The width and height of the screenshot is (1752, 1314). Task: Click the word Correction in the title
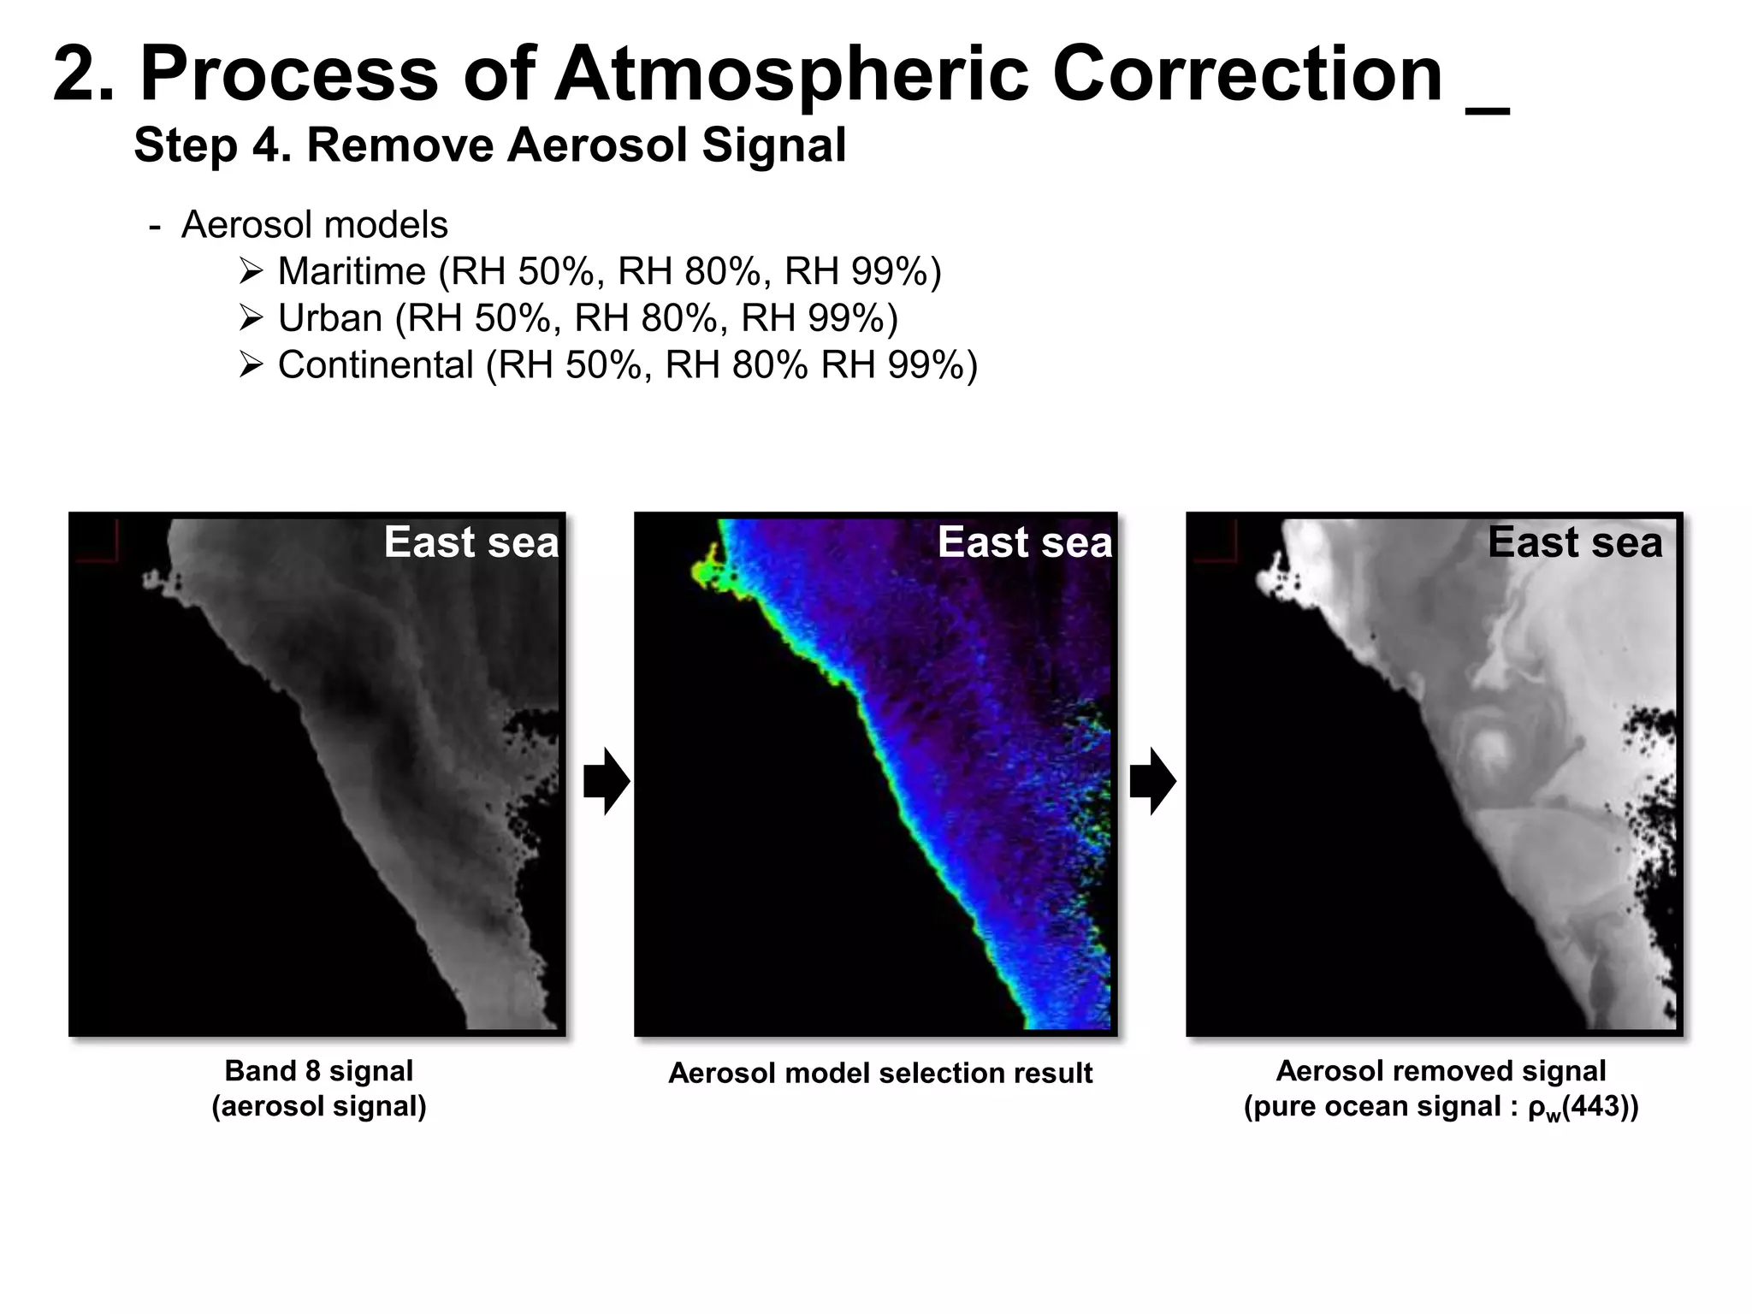[x=1247, y=75]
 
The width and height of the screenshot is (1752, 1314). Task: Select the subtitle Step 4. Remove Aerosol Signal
[x=489, y=145]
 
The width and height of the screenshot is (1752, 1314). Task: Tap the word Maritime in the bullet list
[x=352, y=272]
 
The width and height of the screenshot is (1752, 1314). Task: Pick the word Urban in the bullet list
[x=329, y=318]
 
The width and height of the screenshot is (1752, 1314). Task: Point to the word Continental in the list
[x=375, y=365]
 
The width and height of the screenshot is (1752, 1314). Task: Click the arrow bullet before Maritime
[x=252, y=272]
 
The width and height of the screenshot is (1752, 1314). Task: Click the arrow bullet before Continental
[x=252, y=366]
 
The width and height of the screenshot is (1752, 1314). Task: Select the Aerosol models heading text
[x=314, y=225]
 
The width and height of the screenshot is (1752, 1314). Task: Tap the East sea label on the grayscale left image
[x=471, y=542]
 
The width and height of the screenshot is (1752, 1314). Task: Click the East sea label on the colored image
[x=1024, y=542]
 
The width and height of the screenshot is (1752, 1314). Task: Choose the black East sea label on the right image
[x=1575, y=542]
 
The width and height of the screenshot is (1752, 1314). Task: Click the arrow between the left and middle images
[x=607, y=781]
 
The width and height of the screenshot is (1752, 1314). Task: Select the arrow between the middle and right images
[x=1152, y=781]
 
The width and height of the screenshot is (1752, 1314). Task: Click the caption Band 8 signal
[x=318, y=1070]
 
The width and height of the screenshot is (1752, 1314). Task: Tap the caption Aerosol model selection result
[x=880, y=1073]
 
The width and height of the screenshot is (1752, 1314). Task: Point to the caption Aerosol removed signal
[x=1441, y=1070]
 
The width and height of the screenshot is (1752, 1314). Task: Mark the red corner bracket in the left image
[x=97, y=542]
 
